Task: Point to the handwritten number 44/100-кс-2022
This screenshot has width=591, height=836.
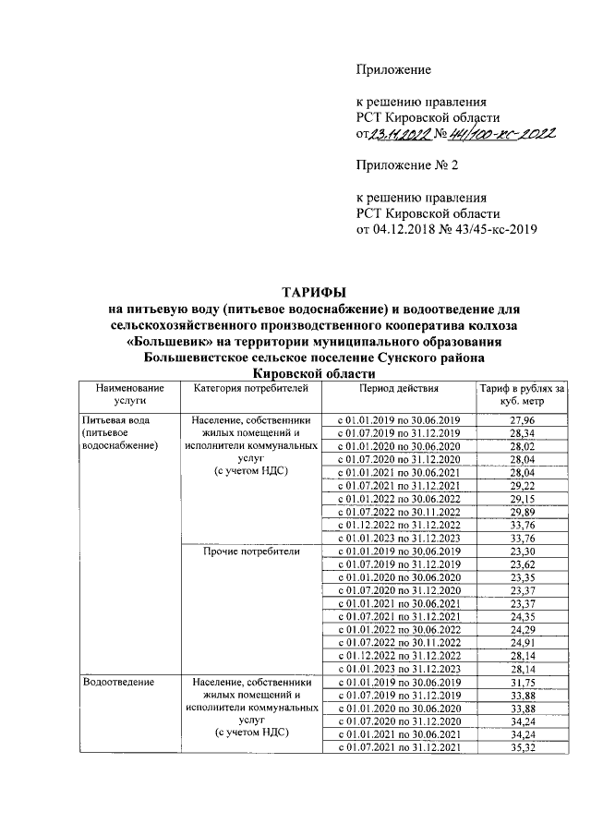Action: click(500, 135)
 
